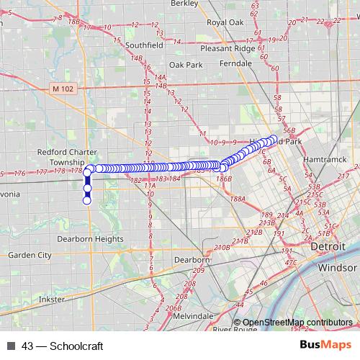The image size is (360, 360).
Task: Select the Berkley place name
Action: point(184,4)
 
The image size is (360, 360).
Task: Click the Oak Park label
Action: point(186,64)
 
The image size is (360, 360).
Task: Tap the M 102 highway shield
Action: point(63,89)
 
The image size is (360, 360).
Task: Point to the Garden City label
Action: point(30,255)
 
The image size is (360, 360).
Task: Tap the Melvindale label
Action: point(193,316)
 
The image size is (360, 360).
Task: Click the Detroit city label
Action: point(329,246)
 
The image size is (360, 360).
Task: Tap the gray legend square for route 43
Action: point(11,346)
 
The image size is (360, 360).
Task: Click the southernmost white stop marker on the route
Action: point(87,200)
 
